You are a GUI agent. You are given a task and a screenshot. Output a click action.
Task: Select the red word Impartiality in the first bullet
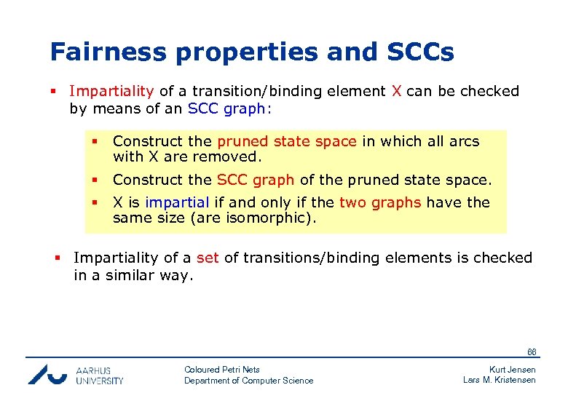point(111,91)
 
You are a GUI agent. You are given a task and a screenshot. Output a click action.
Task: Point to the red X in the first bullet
point(396,91)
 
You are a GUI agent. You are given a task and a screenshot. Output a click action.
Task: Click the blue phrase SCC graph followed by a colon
point(229,108)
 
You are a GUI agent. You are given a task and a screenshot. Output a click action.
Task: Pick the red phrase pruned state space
point(287,141)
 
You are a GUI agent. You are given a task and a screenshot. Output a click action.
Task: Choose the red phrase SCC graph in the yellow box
point(256,179)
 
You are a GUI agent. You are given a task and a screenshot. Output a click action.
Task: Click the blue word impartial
point(177,202)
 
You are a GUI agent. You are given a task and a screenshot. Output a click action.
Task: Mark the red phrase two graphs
point(380,202)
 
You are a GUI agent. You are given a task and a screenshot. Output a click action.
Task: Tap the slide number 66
point(532,352)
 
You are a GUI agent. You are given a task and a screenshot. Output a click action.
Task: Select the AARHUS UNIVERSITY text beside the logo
point(100,375)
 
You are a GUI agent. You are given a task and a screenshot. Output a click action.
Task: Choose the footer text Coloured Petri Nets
point(222,369)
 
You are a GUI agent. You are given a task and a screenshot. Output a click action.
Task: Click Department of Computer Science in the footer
point(248,381)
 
